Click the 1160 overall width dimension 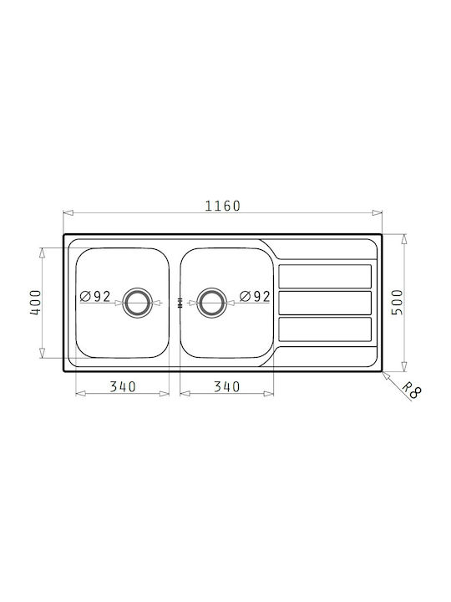tap(222, 207)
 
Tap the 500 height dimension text tap(398, 302)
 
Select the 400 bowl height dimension tap(35, 303)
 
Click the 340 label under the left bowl tap(123, 386)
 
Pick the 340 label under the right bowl tap(226, 386)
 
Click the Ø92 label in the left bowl tap(95, 296)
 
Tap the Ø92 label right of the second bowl tap(255, 296)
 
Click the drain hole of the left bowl tap(137, 303)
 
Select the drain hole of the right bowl tap(211, 303)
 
